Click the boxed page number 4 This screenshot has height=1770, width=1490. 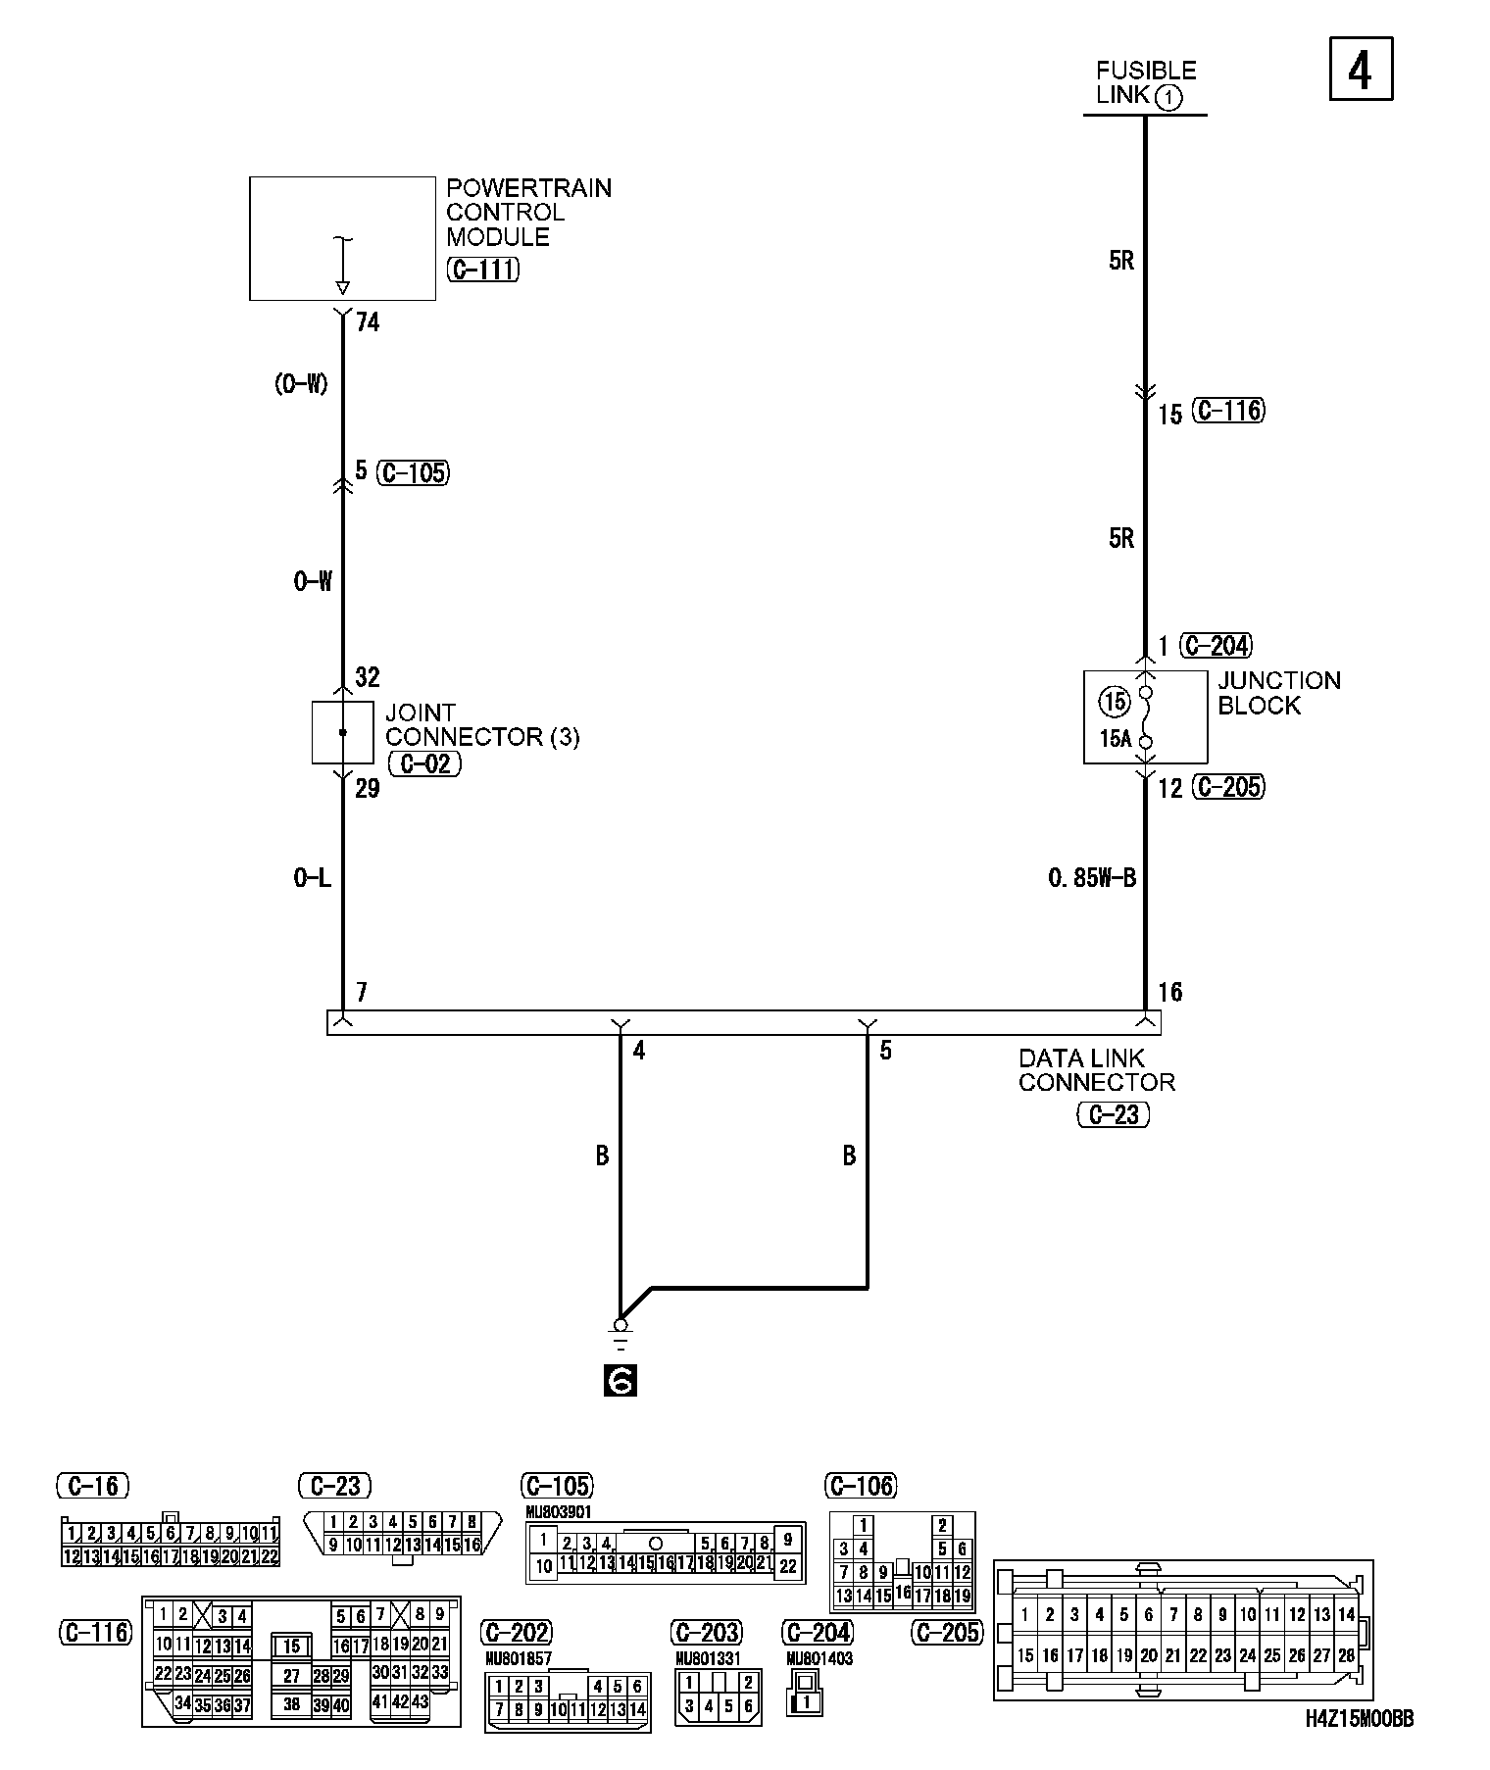coord(1361,69)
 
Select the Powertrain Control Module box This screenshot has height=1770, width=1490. coord(342,238)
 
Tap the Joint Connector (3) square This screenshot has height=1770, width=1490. coord(342,732)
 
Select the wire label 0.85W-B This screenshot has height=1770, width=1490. coord(1092,878)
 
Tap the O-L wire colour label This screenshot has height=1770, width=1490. coord(312,878)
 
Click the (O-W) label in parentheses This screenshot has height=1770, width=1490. coord(301,384)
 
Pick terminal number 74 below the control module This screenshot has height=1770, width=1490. coord(368,321)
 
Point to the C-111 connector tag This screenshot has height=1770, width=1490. coord(482,270)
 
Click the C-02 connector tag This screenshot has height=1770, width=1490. coord(424,763)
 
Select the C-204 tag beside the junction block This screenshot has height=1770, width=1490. coord(1217,645)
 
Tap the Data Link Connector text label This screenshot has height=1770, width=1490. coord(1096,1070)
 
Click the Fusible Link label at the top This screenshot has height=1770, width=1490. coord(1145,83)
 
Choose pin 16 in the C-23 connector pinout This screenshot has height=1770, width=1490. coord(472,1545)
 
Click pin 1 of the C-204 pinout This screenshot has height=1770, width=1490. coord(807,1701)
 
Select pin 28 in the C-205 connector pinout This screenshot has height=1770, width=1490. coord(1347,1655)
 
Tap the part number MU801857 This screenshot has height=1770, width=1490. coord(519,1658)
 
